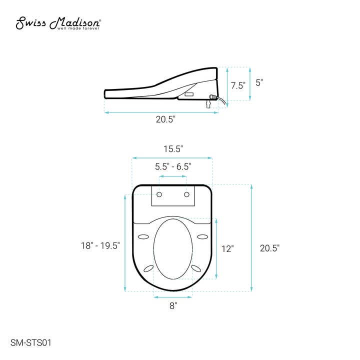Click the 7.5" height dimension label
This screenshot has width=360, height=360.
(x=237, y=85)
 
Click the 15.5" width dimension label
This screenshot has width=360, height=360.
(x=173, y=148)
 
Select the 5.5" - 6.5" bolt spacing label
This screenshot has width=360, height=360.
(x=173, y=166)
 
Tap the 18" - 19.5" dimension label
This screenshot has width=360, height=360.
(x=100, y=245)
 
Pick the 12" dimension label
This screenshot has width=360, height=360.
(x=228, y=248)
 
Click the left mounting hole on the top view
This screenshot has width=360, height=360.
(x=159, y=194)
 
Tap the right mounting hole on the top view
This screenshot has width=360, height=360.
(x=186, y=194)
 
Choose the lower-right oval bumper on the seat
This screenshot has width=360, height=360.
(x=196, y=269)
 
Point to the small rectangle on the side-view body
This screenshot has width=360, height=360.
(x=189, y=93)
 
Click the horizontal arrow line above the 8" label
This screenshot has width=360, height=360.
(x=173, y=297)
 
